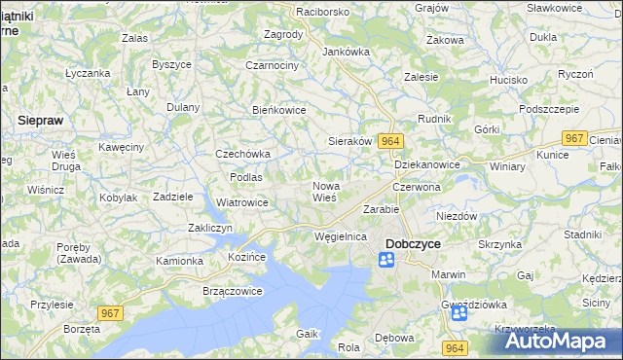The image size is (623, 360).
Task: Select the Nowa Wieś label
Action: coord(324,191)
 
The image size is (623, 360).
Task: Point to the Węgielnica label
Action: coord(340,236)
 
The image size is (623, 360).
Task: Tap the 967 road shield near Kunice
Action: coord(575,138)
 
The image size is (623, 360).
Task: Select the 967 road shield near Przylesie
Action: coord(111,310)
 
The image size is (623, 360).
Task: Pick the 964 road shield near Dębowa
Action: coord(455,347)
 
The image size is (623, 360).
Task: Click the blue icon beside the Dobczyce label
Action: coord(386,260)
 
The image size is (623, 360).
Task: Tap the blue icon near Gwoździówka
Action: coord(458,313)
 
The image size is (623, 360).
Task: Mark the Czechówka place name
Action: coord(242,154)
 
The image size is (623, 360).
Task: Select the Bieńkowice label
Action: coord(279,110)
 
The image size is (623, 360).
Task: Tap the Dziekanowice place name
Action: coord(427,164)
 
